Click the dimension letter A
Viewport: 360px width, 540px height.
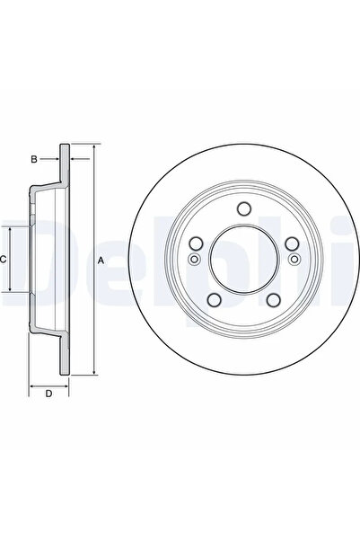coord(101,260)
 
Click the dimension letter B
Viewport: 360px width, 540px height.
coord(33,159)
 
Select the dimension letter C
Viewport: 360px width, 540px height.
coord(4,260)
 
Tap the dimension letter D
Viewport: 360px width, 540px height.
coord(48,393)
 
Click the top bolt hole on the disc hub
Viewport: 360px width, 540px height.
coord(242,209)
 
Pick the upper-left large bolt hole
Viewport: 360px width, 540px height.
coord(196,243)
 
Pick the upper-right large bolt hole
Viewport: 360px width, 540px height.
coord(290,243)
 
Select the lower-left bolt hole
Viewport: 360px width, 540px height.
coord(214,300)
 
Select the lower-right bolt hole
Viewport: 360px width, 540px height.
coord(272,300)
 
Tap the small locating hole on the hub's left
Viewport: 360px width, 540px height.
coord(193,260)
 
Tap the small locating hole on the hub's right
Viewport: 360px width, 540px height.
coord(293,260)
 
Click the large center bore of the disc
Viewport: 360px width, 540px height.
coord(242,260)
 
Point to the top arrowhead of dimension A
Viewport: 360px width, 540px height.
coord(93,146)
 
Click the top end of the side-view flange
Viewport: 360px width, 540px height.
coord(65,146)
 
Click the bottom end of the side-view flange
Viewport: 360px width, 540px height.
coord(65,374)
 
